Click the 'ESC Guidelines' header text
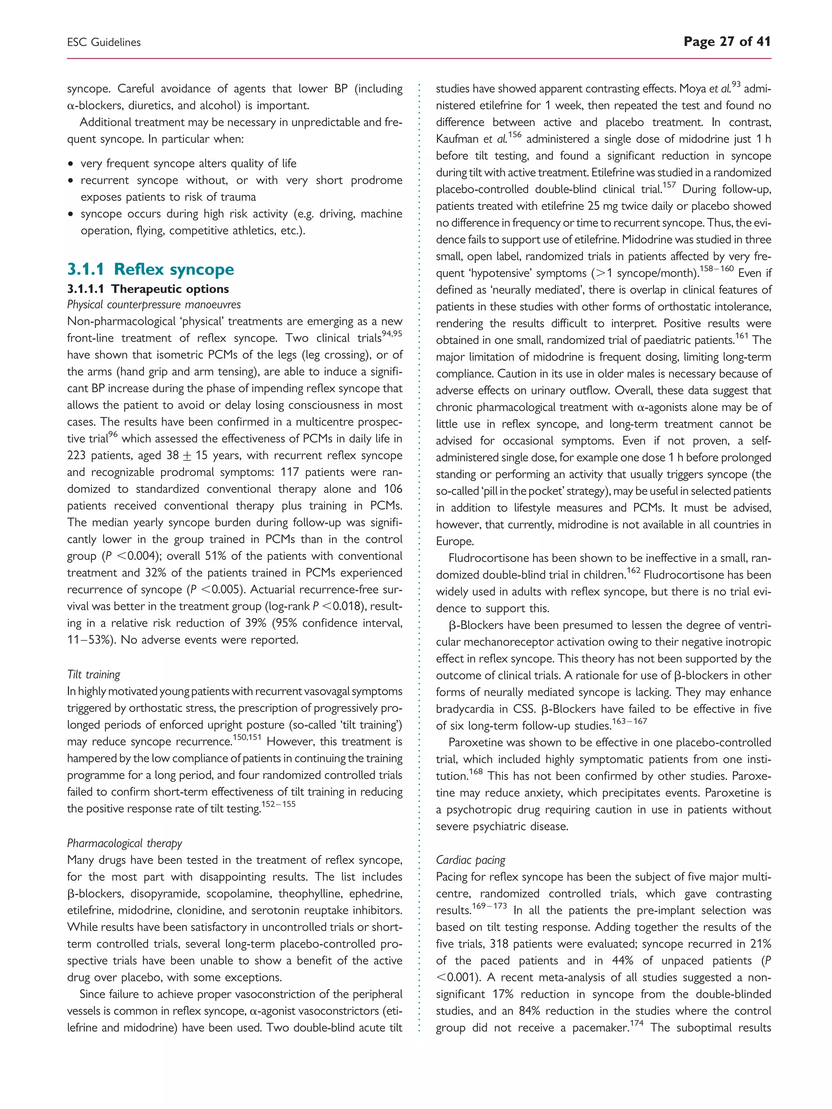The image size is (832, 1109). coord(104,43)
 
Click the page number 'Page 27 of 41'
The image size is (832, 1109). coord(727,41)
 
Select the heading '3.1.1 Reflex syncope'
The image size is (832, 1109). coord(150,269)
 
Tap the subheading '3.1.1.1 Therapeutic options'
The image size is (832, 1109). coord(148,289)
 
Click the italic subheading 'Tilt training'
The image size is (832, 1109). coord(94,674)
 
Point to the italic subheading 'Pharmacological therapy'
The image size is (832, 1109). coord(124,843)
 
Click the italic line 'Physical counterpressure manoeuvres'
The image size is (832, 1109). coord(154,305)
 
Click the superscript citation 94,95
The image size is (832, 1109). coord(392,334)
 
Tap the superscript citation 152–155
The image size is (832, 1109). coord(278,804)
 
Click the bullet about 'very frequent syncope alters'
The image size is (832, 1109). coord(188,163)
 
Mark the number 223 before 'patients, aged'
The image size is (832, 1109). coord(78,456)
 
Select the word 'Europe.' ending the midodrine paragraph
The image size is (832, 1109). coord(454,541)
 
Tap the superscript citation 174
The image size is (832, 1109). coord(637,1023)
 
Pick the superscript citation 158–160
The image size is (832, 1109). coord(716,269)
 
